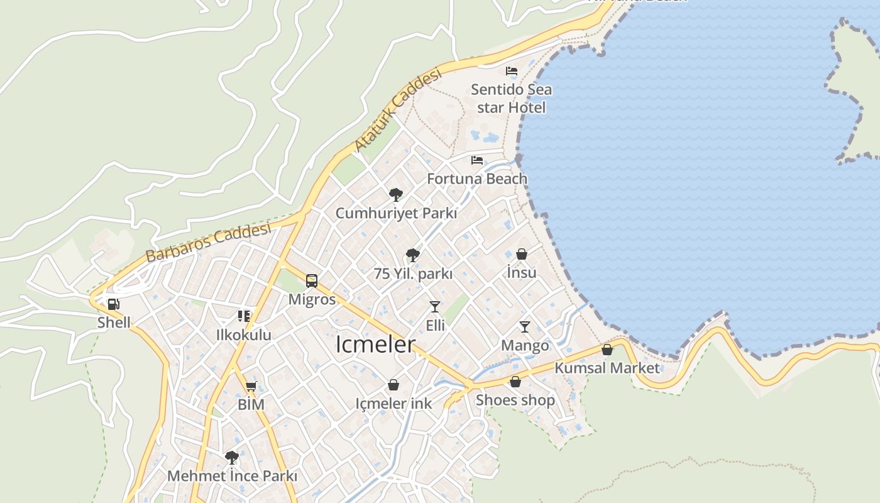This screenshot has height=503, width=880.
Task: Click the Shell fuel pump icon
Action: pyautogui.click(x=113, y=305)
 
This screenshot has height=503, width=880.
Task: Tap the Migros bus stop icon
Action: pyautogui.click(x=312, y=281)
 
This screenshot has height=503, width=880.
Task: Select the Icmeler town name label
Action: pyautogui.click(x=376, y=345)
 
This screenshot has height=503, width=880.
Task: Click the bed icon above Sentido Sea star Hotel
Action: pyautogui.click(x=512, y=71)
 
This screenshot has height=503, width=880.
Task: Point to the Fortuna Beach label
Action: pyautogui.click(x=477, y=179)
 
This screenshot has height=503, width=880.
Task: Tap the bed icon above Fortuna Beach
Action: pyautogui.click(x=477, y=160)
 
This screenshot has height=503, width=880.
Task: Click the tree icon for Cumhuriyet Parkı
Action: pyautogui.click(x=396, y=194)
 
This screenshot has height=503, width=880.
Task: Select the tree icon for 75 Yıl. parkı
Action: pyautogui.click(x=413, y=255)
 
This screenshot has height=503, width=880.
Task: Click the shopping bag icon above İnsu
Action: pyautogui.click(x=522, y=254)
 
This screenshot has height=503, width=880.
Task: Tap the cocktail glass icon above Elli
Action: pyautogui.click(x=435, y=307)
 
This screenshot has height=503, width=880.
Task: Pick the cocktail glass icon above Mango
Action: pyautogui.click(x=525, y=327)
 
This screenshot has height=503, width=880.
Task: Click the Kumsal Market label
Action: pyautogui.click(x=607, y=368)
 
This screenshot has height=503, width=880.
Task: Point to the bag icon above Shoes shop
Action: pyautogui.click(x=515, y=382)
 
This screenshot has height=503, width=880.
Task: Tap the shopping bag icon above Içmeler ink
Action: pyautogui.click(x=393, y=385)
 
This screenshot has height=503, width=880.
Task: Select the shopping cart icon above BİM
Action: pyautogui.click(x=251, y=386)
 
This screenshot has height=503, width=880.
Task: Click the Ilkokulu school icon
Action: pyautogui.click(x=244, y=316)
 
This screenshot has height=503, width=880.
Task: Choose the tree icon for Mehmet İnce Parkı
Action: pyautogui.click(x=232, y=457)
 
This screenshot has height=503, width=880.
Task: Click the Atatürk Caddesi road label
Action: pyautogui.click(x=398, y=110)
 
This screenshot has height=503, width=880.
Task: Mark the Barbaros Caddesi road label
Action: pyautogui.click(x=208, y=242)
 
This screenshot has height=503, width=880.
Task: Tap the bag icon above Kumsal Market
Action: pyautogui.click(x=607, y=350)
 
